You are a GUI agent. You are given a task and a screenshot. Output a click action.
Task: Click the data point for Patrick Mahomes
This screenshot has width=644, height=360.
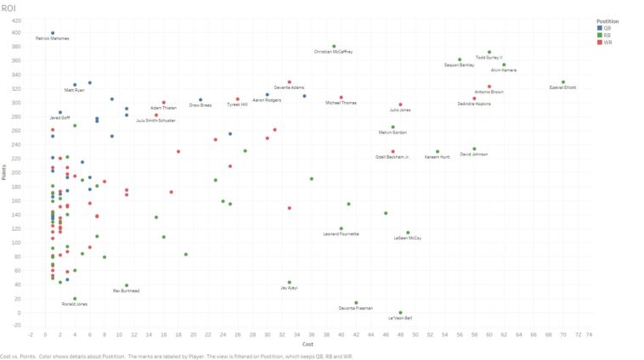[53, 33]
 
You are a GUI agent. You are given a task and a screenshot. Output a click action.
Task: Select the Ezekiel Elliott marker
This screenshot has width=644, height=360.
[563, 82]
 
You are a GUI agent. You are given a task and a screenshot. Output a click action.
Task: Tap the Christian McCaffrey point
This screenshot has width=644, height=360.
[334, 47]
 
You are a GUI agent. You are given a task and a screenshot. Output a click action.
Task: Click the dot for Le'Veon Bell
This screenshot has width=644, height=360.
[401, 312]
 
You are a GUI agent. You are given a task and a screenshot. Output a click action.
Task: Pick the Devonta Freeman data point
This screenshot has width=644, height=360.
[356, 302]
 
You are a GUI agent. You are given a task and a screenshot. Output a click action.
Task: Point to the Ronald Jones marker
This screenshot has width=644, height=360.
[75, 299]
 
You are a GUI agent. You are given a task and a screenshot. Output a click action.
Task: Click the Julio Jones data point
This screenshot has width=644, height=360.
[400, 105]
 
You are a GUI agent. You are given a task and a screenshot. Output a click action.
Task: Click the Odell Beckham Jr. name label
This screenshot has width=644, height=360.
[393, 157]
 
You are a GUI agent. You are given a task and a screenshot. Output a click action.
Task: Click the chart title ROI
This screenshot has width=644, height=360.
[8, 8]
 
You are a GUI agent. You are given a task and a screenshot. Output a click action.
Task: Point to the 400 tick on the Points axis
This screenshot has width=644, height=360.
[16, 33]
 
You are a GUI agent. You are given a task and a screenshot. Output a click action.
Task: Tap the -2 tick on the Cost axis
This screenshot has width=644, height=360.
[30, 335]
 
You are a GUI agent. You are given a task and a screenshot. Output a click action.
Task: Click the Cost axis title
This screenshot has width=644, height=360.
[308, 344]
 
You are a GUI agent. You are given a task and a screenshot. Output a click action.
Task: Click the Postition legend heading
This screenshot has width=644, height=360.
[607, 20]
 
